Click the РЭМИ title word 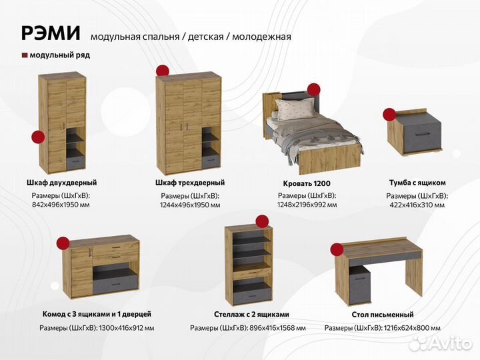[x=51, y=33]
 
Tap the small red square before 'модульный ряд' [x=25, y=55]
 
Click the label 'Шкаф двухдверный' [x=61, y=183]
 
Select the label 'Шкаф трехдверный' [x=189, y=183]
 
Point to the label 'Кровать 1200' [x=307, y=183]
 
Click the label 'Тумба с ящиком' [x=417, y=183]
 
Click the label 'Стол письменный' [x=382, y=315]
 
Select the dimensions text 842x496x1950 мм [x=61, y=205]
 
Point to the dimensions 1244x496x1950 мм [x=189, y=205]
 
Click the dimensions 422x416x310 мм [x=417, y=205]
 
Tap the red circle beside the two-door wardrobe [x=38, y=137]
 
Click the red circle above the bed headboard [x=313, y=89]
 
